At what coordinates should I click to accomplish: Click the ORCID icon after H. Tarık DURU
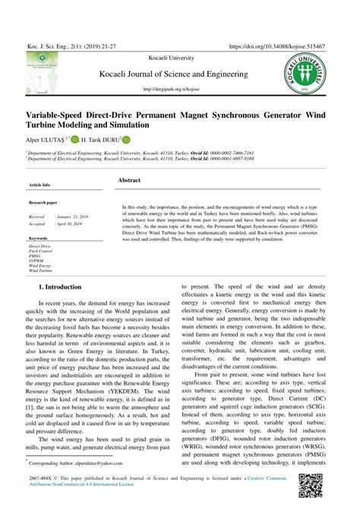[x=126, y=140]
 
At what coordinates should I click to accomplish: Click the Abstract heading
[x=129, y=180]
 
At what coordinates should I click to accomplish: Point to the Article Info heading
[x=39, y=185]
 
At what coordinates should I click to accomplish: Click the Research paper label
[x=43, y=203]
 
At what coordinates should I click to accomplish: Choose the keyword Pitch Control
[x=41, y=251]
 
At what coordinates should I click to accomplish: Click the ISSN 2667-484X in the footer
[x=42, y=479]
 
